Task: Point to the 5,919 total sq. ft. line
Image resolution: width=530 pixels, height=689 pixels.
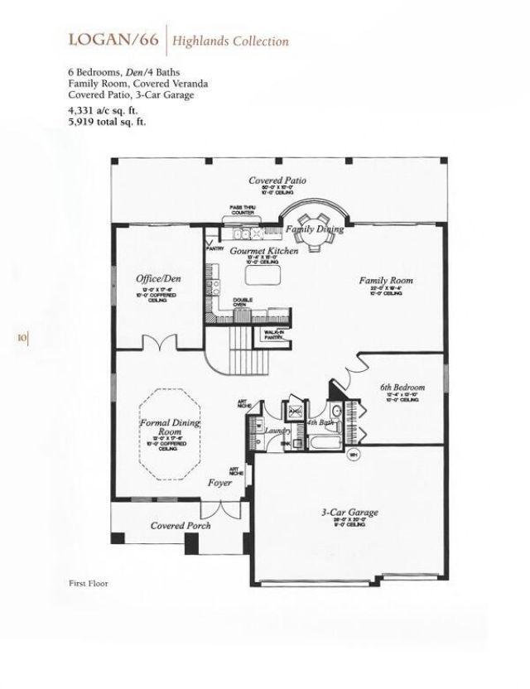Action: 107,122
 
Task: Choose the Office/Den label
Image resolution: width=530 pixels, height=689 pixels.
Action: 158,278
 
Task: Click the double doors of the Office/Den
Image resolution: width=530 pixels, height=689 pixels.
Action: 159,343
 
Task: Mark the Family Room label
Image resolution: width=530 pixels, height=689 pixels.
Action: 385,281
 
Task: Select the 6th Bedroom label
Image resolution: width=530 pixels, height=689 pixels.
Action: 402,388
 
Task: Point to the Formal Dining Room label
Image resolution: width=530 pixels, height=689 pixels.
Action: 170,427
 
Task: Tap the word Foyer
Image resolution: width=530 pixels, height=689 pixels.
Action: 219,482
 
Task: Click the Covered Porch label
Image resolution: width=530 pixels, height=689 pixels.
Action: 181,525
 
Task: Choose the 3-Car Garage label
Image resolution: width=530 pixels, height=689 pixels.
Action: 349,513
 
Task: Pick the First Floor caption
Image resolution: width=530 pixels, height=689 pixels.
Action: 88,583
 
